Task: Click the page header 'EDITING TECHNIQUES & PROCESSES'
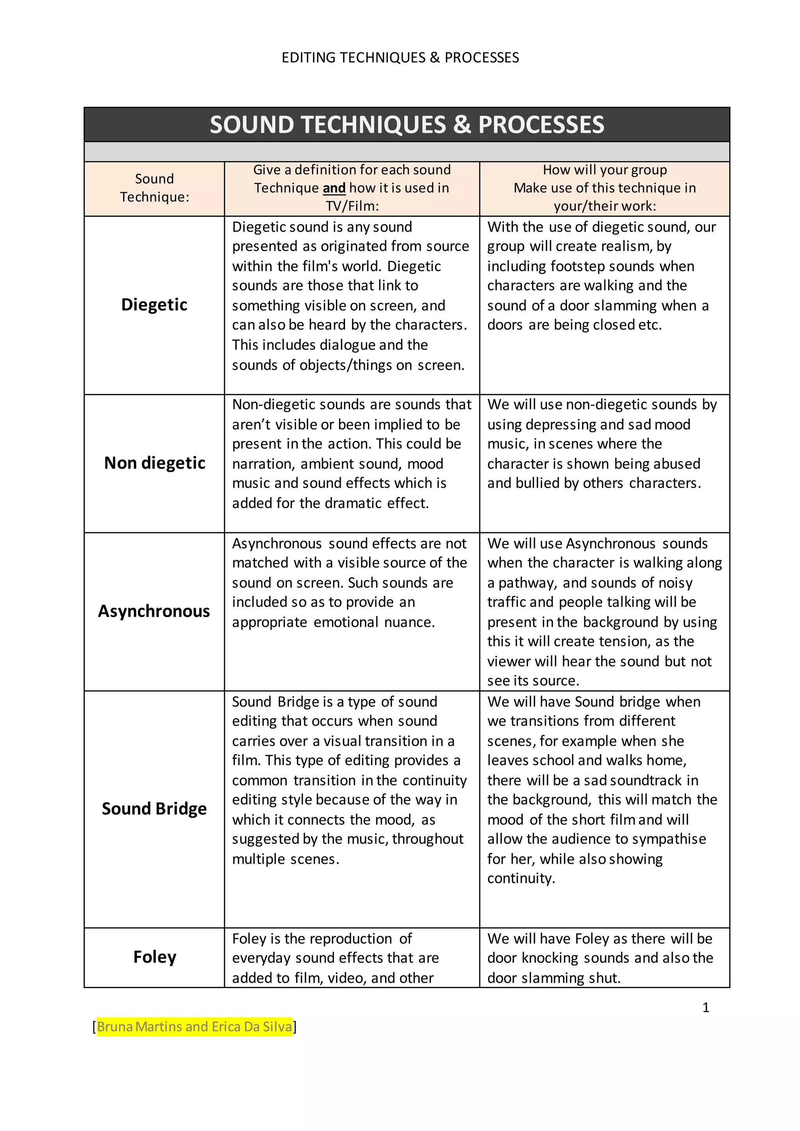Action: coord(400,58)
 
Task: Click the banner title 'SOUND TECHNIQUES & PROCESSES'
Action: coord(407,125)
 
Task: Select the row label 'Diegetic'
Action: coord(154,304)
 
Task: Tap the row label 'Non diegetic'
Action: coord(154,463)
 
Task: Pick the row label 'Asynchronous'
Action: coord(154,611)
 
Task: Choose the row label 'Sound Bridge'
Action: coord(154,809)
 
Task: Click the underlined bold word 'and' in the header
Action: coord(334,188)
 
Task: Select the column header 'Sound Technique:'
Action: coord(154,188)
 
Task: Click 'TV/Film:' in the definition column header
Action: coord(352,206)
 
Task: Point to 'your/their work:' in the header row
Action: coord(605,206)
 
